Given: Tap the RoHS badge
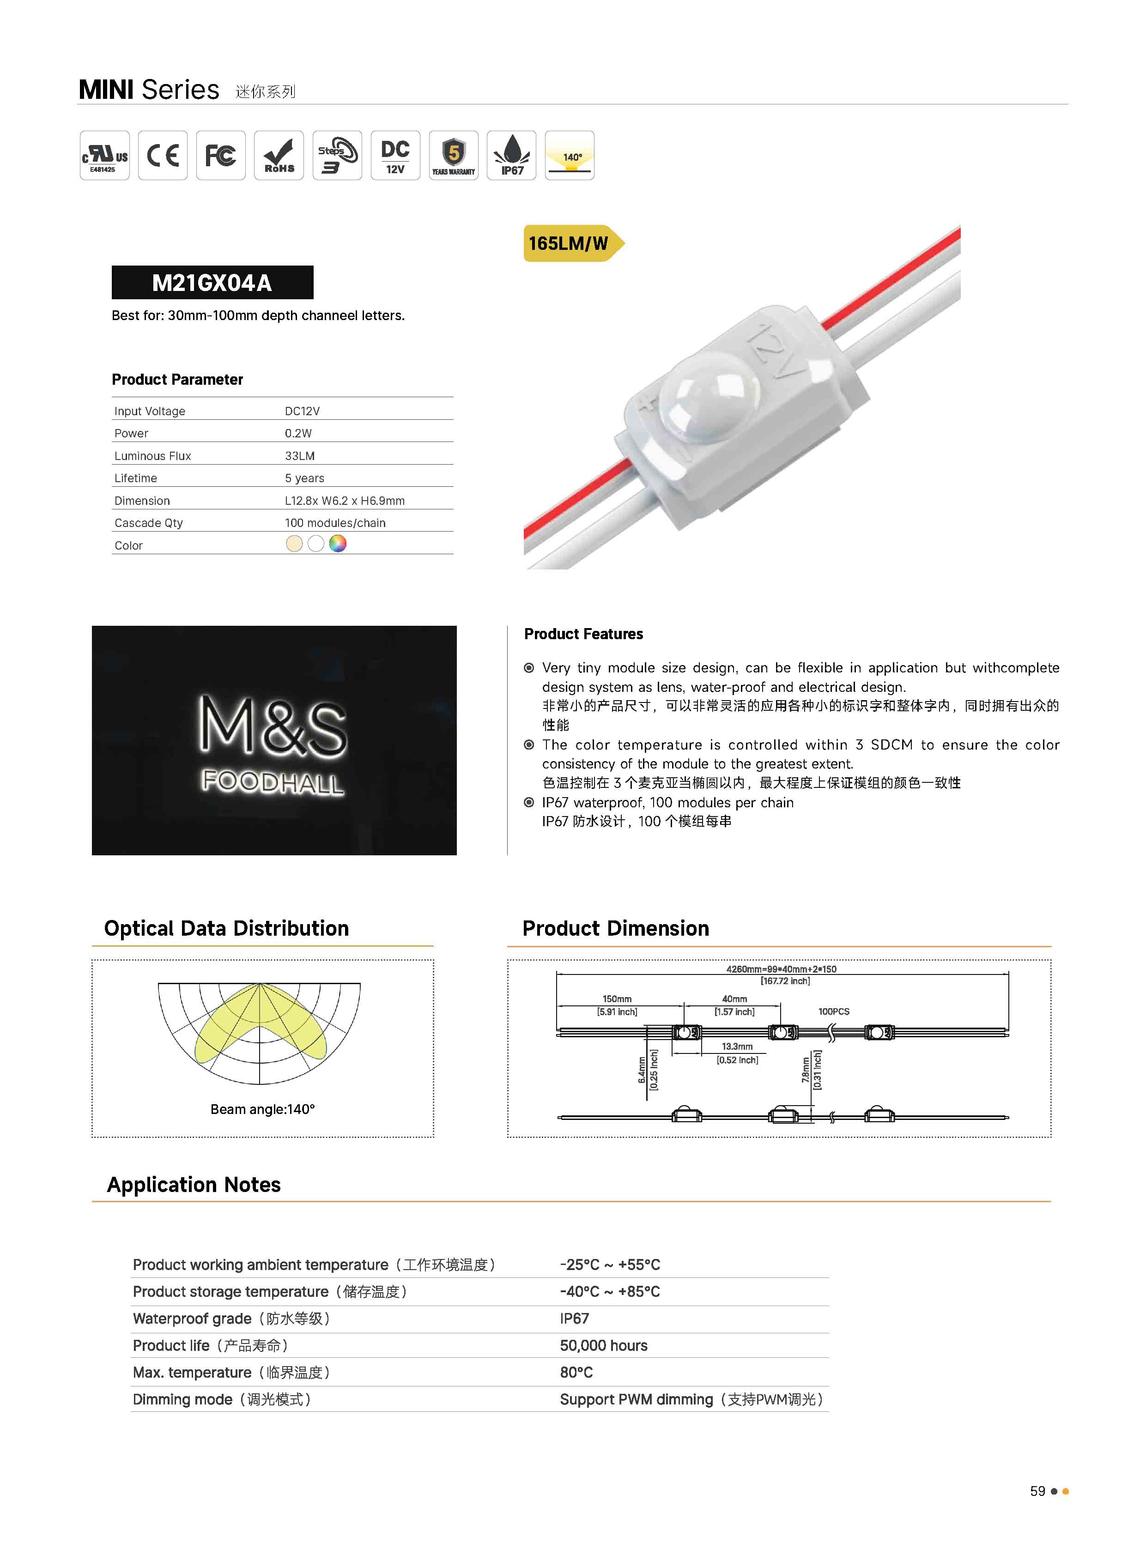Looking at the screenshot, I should click(279, 155).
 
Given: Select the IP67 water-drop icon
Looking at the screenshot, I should click(512, 155).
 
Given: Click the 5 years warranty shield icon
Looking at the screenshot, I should click(454, 155).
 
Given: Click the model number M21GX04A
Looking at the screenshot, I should click(212, 283).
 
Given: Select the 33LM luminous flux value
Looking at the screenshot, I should click(300, 456).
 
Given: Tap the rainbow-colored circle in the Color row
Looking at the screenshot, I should click(338, 544).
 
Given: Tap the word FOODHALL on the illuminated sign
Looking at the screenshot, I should click(273, 782).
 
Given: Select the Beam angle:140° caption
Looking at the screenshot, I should click(262, 1109).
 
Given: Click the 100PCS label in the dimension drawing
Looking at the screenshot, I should click(833, 1011).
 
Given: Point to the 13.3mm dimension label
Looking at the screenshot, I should click(737, 1046).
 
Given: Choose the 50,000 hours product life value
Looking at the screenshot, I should click(604, 1345).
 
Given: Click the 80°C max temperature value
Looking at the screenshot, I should click(576, 1373).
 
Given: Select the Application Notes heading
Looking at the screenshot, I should click(194, 1185).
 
